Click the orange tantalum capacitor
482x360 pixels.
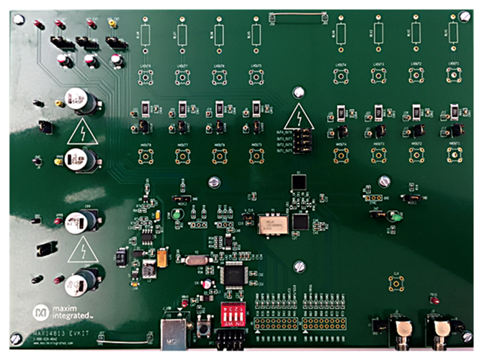pyautogui.click(x=164, y=257)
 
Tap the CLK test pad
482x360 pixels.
pyautogui.click(x=396, y=284)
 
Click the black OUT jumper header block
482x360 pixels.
pyautogui.click(x=305, y=140)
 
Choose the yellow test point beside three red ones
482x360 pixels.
pyautogui.click(x=112, y=24)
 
